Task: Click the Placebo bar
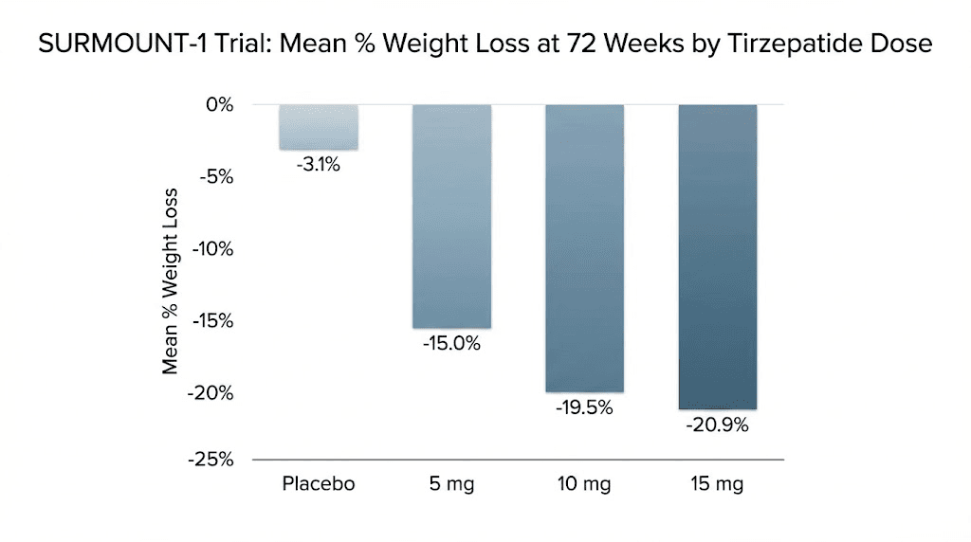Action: point(319,127)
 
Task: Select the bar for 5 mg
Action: point(451,216)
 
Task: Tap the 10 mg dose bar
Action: point(584,248)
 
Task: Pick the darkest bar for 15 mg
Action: point(718,257)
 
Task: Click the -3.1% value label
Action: point(318,165)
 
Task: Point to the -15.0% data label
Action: point(451,344)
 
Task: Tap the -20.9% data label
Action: point(718,425)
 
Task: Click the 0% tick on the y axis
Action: point(220,105)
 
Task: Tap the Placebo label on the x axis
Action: point(319,484)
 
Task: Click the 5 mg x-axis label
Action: point(451,485)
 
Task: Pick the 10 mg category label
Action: point(584,485)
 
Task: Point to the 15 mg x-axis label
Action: point(718,485)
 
